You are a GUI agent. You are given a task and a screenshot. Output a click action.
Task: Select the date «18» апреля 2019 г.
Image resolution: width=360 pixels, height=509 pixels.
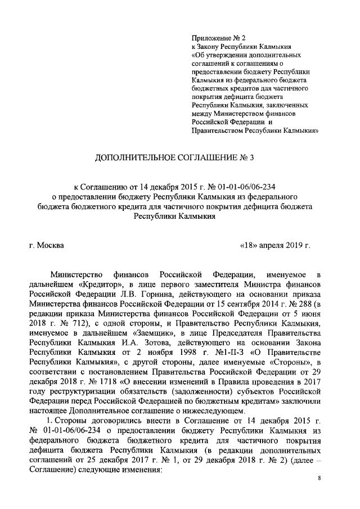tap(275, 245)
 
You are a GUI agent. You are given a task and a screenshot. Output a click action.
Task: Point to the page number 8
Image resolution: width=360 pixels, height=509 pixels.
tap(319, 479)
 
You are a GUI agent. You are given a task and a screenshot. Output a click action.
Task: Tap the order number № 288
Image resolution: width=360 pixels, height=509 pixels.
tap(296, 305)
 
